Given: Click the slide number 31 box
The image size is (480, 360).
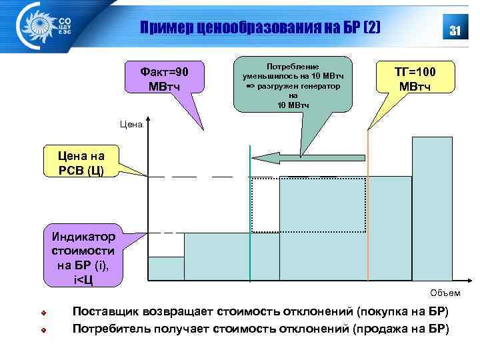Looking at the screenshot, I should (456, 30).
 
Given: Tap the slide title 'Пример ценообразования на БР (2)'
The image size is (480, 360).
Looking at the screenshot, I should (261, 28).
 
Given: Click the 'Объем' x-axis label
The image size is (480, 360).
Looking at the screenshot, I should (445, 293).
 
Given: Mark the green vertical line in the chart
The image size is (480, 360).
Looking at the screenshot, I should (249, 220).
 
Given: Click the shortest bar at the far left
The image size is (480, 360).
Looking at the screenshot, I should (165, 268).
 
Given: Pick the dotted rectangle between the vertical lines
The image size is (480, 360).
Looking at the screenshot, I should (308, 205).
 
